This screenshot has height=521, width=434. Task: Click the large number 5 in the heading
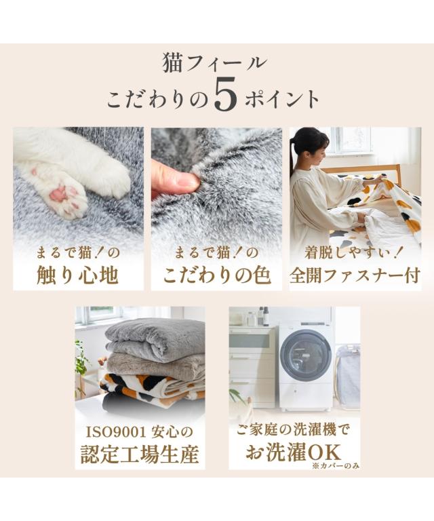[x=225, y=94]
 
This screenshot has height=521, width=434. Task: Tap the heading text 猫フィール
[x=214, y=64]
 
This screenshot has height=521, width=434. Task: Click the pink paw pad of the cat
[x=60, y=194]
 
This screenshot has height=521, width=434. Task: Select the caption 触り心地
[x=78, y=275]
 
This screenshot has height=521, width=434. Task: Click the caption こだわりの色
[x=217, y=275]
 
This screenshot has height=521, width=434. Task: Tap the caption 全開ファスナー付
[x=355, y=275]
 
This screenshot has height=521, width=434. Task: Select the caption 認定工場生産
[x=140, y=454]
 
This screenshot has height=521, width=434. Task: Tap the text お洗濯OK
[x=293, y=452]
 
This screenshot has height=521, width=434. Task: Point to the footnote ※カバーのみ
[x=336, y=466]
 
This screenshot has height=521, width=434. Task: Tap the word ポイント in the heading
[x=282, y=98]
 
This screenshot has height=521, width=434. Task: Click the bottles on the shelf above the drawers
[x=262, y=316]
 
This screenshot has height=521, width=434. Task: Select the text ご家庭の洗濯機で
[x=294, y=430]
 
